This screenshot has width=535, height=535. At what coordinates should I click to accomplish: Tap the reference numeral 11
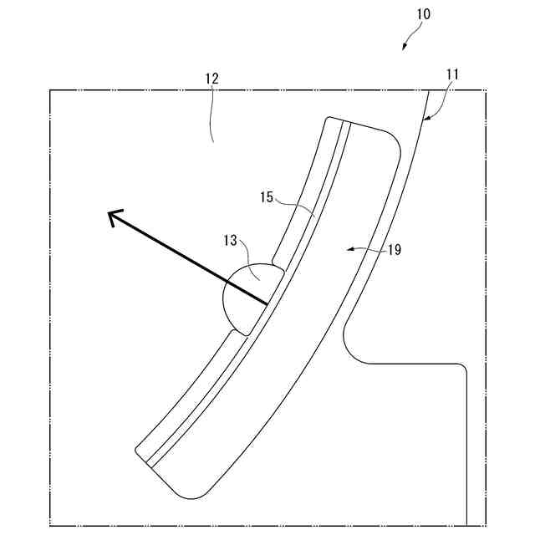(452, 74)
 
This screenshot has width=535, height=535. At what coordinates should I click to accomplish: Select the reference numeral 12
(211, 79)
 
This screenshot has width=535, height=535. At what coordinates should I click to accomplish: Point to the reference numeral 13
(232, 241)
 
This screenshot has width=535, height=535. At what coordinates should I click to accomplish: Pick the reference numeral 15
(267, 197)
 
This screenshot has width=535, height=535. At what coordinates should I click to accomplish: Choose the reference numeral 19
(395, 249)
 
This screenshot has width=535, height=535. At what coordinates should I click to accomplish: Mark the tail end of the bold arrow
(267, 303)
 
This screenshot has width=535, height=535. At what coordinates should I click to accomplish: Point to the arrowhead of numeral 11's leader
(424, 120)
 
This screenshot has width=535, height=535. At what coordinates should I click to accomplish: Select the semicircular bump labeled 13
(242, 297)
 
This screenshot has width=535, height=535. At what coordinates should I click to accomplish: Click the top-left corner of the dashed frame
(50, 90)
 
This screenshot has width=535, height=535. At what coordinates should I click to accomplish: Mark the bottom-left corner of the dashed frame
(50, 526)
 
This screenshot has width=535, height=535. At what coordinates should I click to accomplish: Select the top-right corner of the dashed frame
(487, 90)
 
